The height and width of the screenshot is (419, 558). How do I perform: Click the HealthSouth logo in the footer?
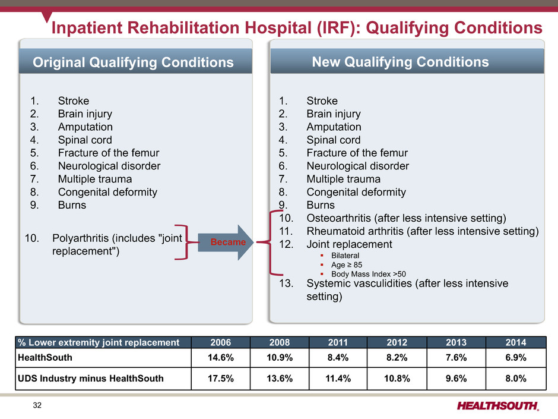pos(498,405)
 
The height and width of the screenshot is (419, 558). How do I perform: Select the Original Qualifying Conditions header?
pos(133,62)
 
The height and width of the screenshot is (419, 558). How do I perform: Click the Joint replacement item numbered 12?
pos(349,244)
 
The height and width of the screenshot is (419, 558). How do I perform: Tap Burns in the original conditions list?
pos(72,205)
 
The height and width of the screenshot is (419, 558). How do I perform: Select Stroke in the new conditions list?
pos(322,100)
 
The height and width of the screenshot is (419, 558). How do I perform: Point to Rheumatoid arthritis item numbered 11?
pos(421,231)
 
